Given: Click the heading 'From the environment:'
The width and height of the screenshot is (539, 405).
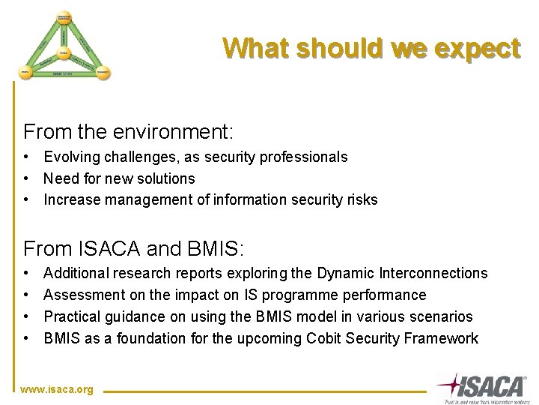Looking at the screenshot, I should (129, 133).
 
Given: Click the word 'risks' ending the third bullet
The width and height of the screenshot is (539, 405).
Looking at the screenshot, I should (362, 199).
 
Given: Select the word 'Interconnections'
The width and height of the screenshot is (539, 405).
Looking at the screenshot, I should (436, 274).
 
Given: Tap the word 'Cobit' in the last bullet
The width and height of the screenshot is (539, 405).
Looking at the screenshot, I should (325, 338).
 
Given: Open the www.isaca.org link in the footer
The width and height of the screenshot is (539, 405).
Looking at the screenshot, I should (58, 390).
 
